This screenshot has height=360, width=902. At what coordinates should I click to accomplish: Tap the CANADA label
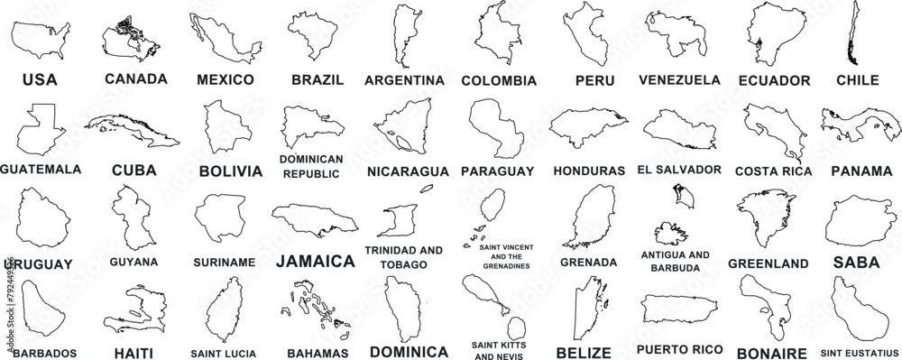pyautogui.click(x=135, y=78)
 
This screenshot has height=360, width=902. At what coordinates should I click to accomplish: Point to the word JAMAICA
pyautogui.click(x=314, y=262)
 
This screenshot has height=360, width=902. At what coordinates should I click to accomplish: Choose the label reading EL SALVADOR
pyautogui.click(x=678, y=169)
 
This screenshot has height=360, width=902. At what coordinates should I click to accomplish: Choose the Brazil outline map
pyautogui.click(x=311, y=36)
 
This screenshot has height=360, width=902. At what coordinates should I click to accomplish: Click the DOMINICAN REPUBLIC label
pyautogui.click(x=310, y=166)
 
